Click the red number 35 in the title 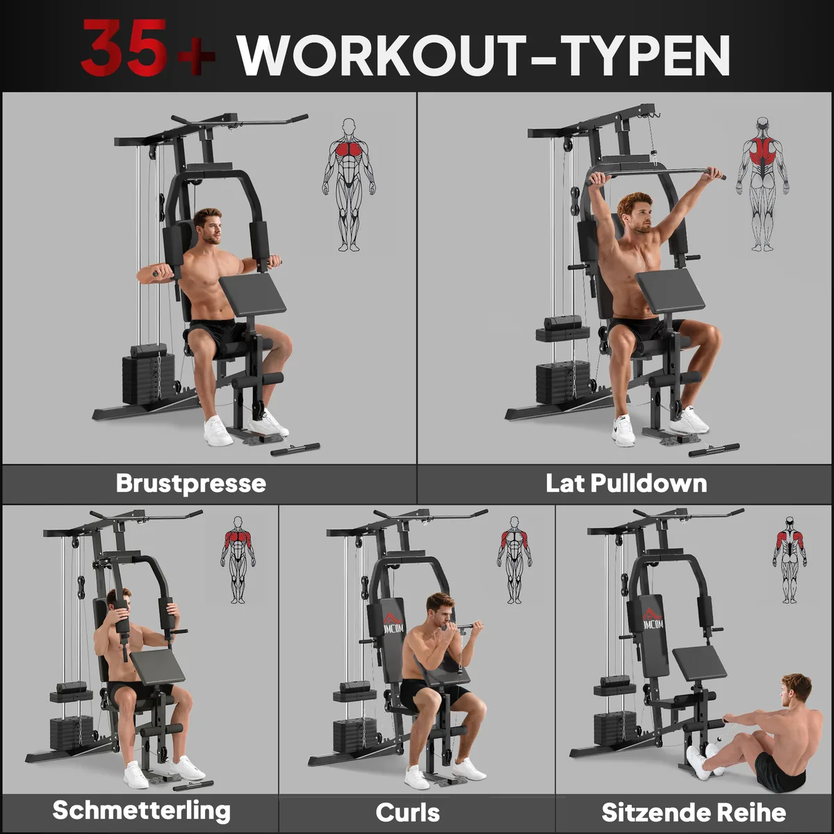pyautogui.click(x=124, y=49)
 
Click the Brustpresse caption pyautogui.click(x=191, y=484)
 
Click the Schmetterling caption pyautogui.click(x=142, y=810)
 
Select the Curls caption pyautogui.click(x=408, y=812)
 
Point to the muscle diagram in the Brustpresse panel pyautogui.click(x=349, y=185)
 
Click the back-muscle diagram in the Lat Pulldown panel pyautogui.click(x=762, y=184)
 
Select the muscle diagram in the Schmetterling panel pyautogui.click(x=238, y=559)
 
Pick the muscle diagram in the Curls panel pyautogui.click(x=514, y=559)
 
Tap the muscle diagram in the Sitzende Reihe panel pyautogui.click(x=790, y=559)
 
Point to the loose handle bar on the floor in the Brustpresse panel pyautogui.click(x=295, y=449)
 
